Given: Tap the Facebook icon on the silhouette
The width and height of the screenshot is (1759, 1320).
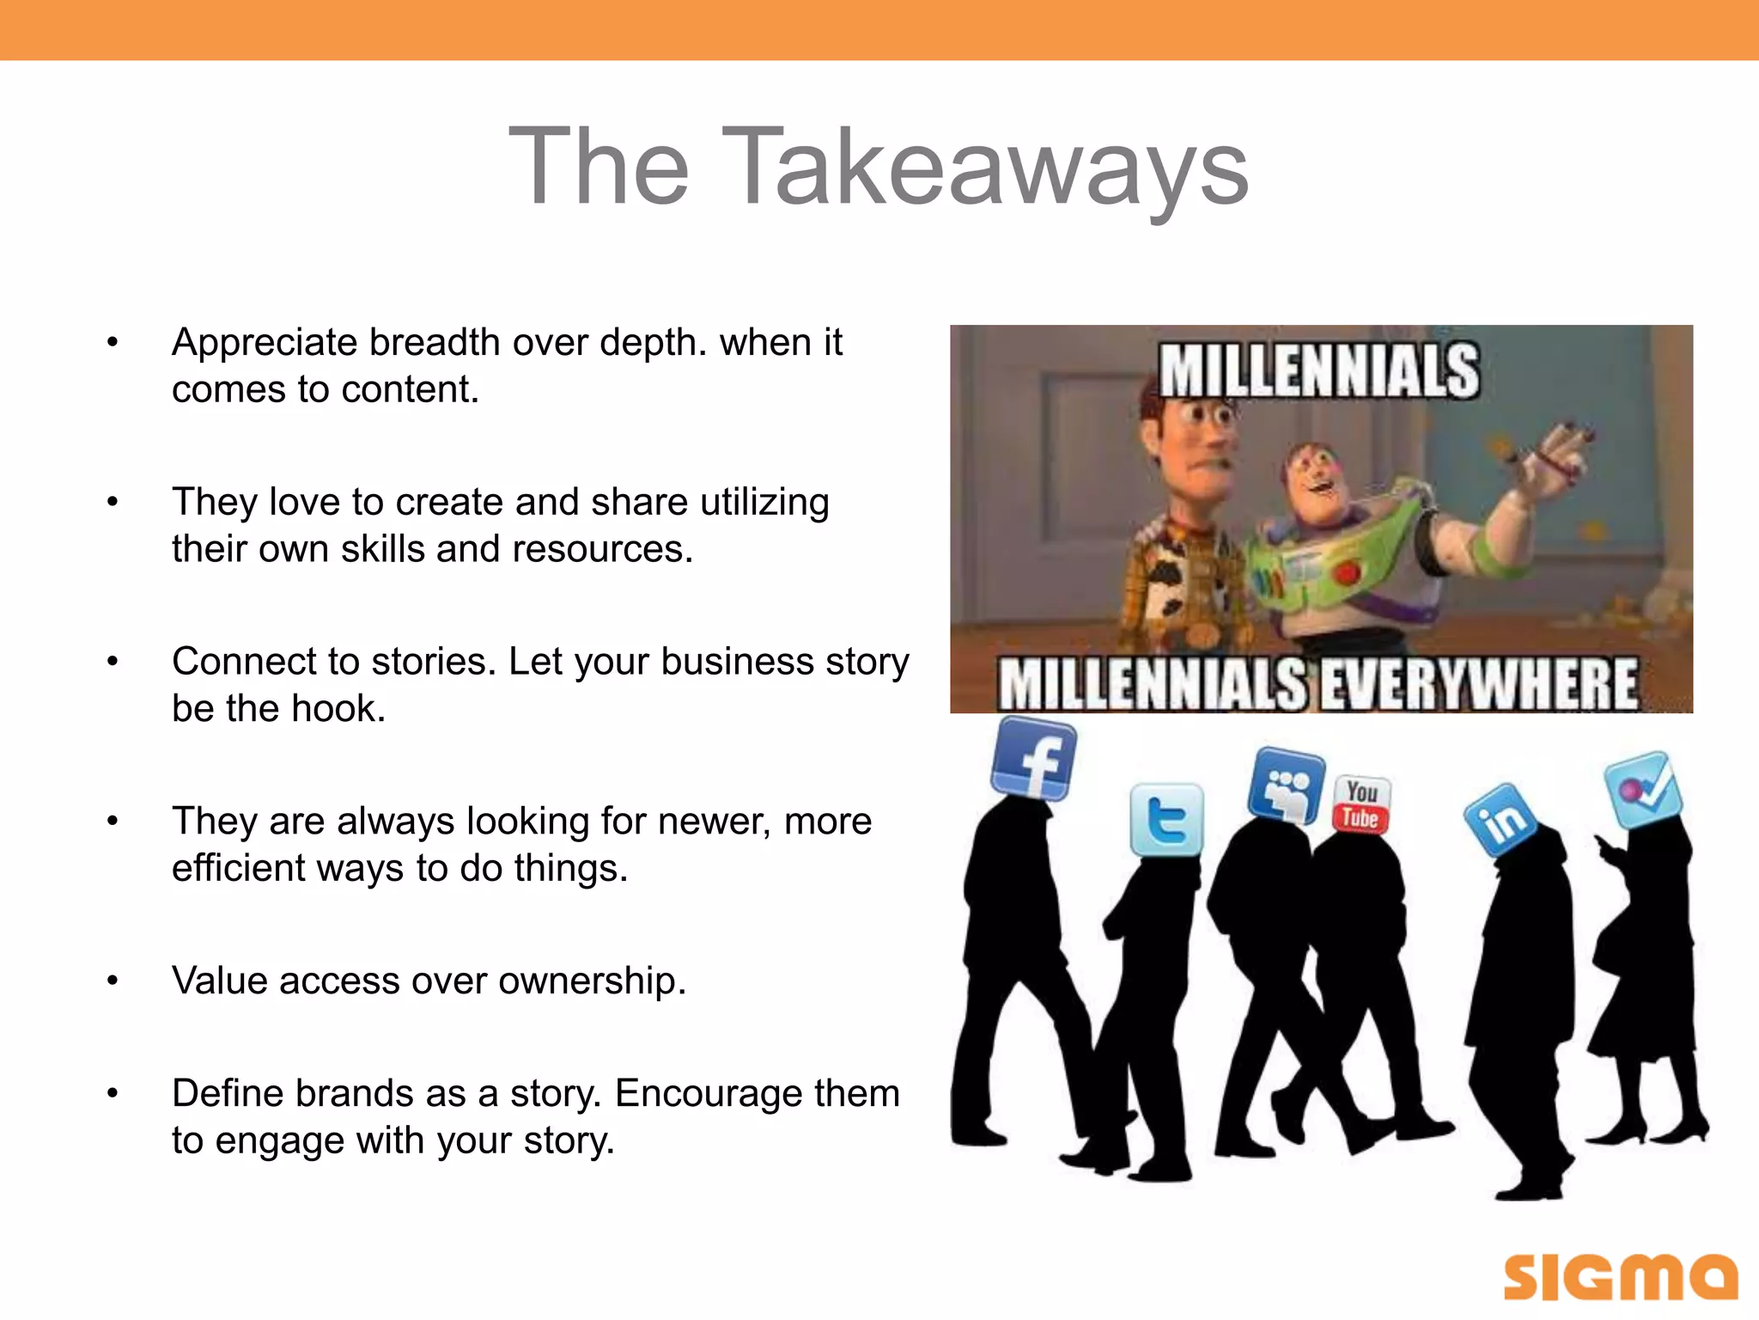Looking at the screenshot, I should pos(1033,757).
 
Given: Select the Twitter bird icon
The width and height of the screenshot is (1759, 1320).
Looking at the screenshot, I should pos(1166,820).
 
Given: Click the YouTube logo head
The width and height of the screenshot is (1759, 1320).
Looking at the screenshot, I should pos(1361,804).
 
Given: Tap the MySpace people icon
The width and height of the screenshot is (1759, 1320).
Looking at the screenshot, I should pos(1286,785).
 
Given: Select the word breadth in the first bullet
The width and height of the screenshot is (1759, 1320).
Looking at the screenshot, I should pos(435,342).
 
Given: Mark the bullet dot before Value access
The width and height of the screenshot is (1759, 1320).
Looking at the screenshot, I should pos(113,981).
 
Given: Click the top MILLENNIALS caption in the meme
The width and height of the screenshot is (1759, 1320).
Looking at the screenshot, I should pos(1319,371).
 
